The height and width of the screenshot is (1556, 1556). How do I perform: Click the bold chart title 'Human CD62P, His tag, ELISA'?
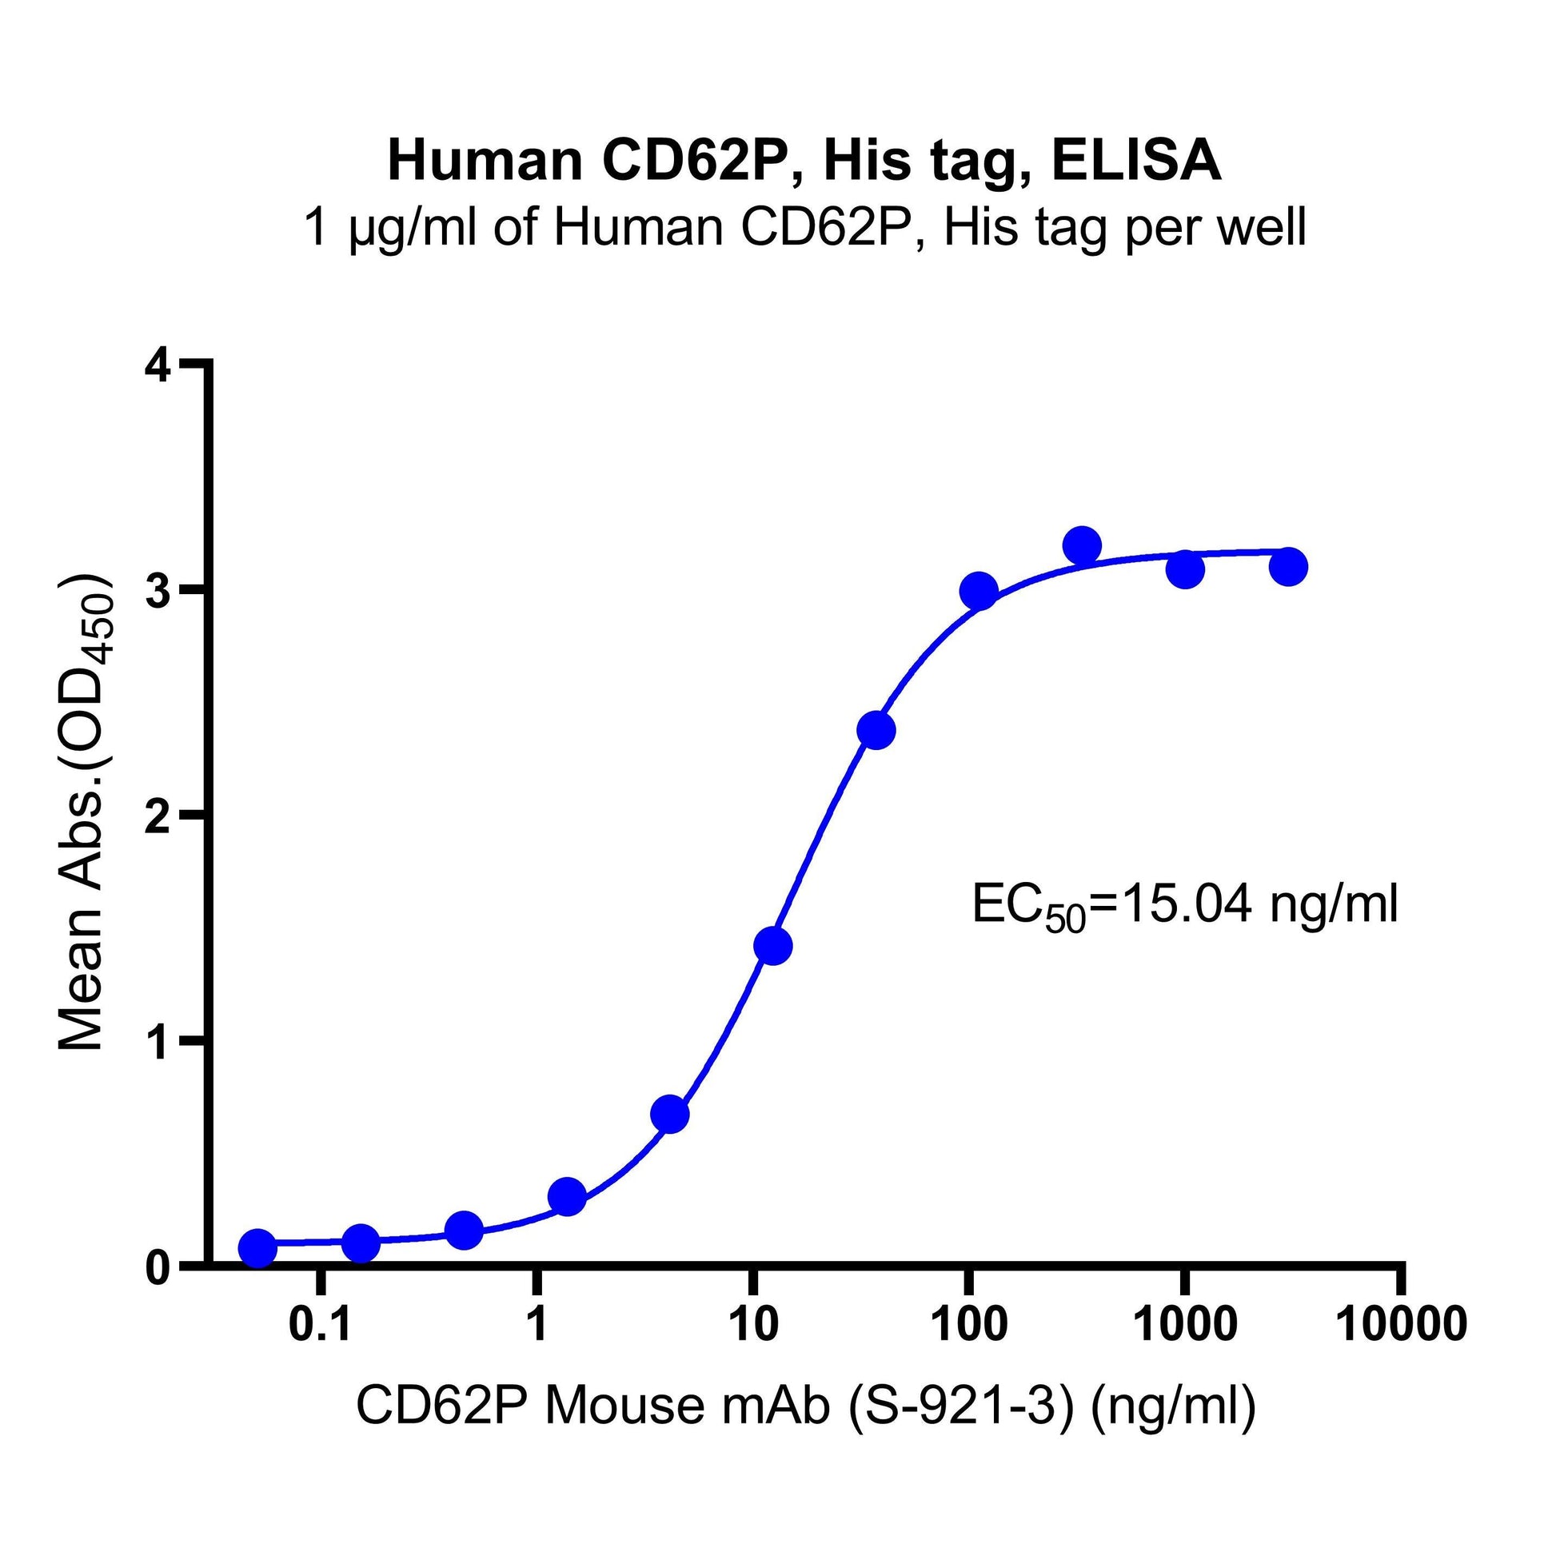tap(804, 161)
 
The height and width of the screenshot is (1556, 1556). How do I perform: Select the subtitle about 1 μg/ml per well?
tap(804, 228)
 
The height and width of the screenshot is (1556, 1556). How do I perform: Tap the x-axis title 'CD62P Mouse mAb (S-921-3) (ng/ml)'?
tap(805, 1406)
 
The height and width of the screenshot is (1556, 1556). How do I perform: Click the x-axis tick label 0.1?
tap(321, 1324)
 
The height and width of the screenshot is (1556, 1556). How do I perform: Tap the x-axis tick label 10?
tap(752, 1324)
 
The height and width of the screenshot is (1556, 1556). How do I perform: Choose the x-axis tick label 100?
tap(969, 1324)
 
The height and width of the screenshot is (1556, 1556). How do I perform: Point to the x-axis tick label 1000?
tap(1185, 1324)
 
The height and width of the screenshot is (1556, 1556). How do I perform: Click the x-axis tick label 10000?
tap(1402, 1324)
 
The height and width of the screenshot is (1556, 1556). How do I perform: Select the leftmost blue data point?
tap(257, 1248)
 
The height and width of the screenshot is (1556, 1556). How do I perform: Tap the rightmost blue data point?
tap(1288, 567)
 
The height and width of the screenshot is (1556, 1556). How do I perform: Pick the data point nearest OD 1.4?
tap(772, 946)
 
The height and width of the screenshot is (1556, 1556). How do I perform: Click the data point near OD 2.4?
tap(876, 731)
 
